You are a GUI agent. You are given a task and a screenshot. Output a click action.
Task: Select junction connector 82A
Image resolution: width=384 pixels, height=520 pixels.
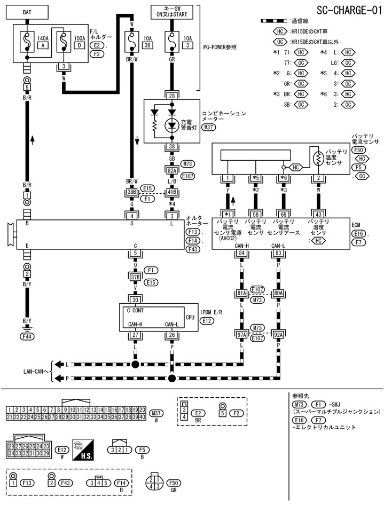coord(172,170)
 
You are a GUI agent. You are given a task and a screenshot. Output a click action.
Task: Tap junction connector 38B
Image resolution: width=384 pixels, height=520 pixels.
coord(132,192)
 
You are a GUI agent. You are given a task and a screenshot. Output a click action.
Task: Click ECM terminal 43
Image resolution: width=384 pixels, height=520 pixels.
coord(318,214)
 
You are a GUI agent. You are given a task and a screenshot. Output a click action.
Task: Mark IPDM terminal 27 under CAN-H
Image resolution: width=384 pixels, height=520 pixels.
coord(135,335)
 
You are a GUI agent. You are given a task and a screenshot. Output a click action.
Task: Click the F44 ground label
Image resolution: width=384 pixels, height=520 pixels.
coord(26,337)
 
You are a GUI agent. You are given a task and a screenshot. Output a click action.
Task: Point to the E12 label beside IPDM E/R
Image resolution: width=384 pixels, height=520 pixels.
coord(207,320)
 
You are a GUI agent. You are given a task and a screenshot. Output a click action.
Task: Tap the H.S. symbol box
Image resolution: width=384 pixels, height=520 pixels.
coord(84,447)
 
